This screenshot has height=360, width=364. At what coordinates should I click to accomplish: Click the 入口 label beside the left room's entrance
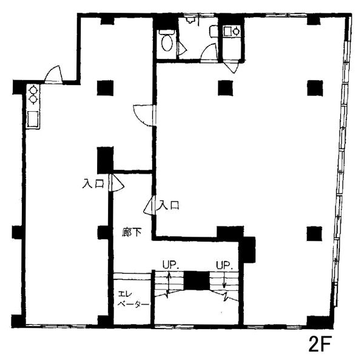[93, 184]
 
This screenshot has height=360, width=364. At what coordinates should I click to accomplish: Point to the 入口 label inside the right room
[168, 205]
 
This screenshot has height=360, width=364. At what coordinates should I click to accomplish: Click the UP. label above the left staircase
[170, 265]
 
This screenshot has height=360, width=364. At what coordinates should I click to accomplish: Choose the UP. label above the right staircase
[224, 265]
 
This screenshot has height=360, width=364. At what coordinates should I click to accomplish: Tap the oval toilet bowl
[167, 43]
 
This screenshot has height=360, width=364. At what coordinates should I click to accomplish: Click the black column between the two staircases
[197, 280]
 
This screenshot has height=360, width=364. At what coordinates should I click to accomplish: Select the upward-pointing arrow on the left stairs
[169, 282]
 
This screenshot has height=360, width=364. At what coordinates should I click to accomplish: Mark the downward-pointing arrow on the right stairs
[224, 280]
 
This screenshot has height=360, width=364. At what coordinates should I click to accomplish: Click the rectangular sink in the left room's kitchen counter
[33, 119]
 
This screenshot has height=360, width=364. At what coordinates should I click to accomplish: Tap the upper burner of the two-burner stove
[33, 89]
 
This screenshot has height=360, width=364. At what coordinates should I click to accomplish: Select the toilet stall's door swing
[182, 48]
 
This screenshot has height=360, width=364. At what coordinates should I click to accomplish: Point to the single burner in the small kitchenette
[237, 31]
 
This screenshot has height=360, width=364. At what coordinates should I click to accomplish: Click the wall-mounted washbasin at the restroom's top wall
[190, 20]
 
